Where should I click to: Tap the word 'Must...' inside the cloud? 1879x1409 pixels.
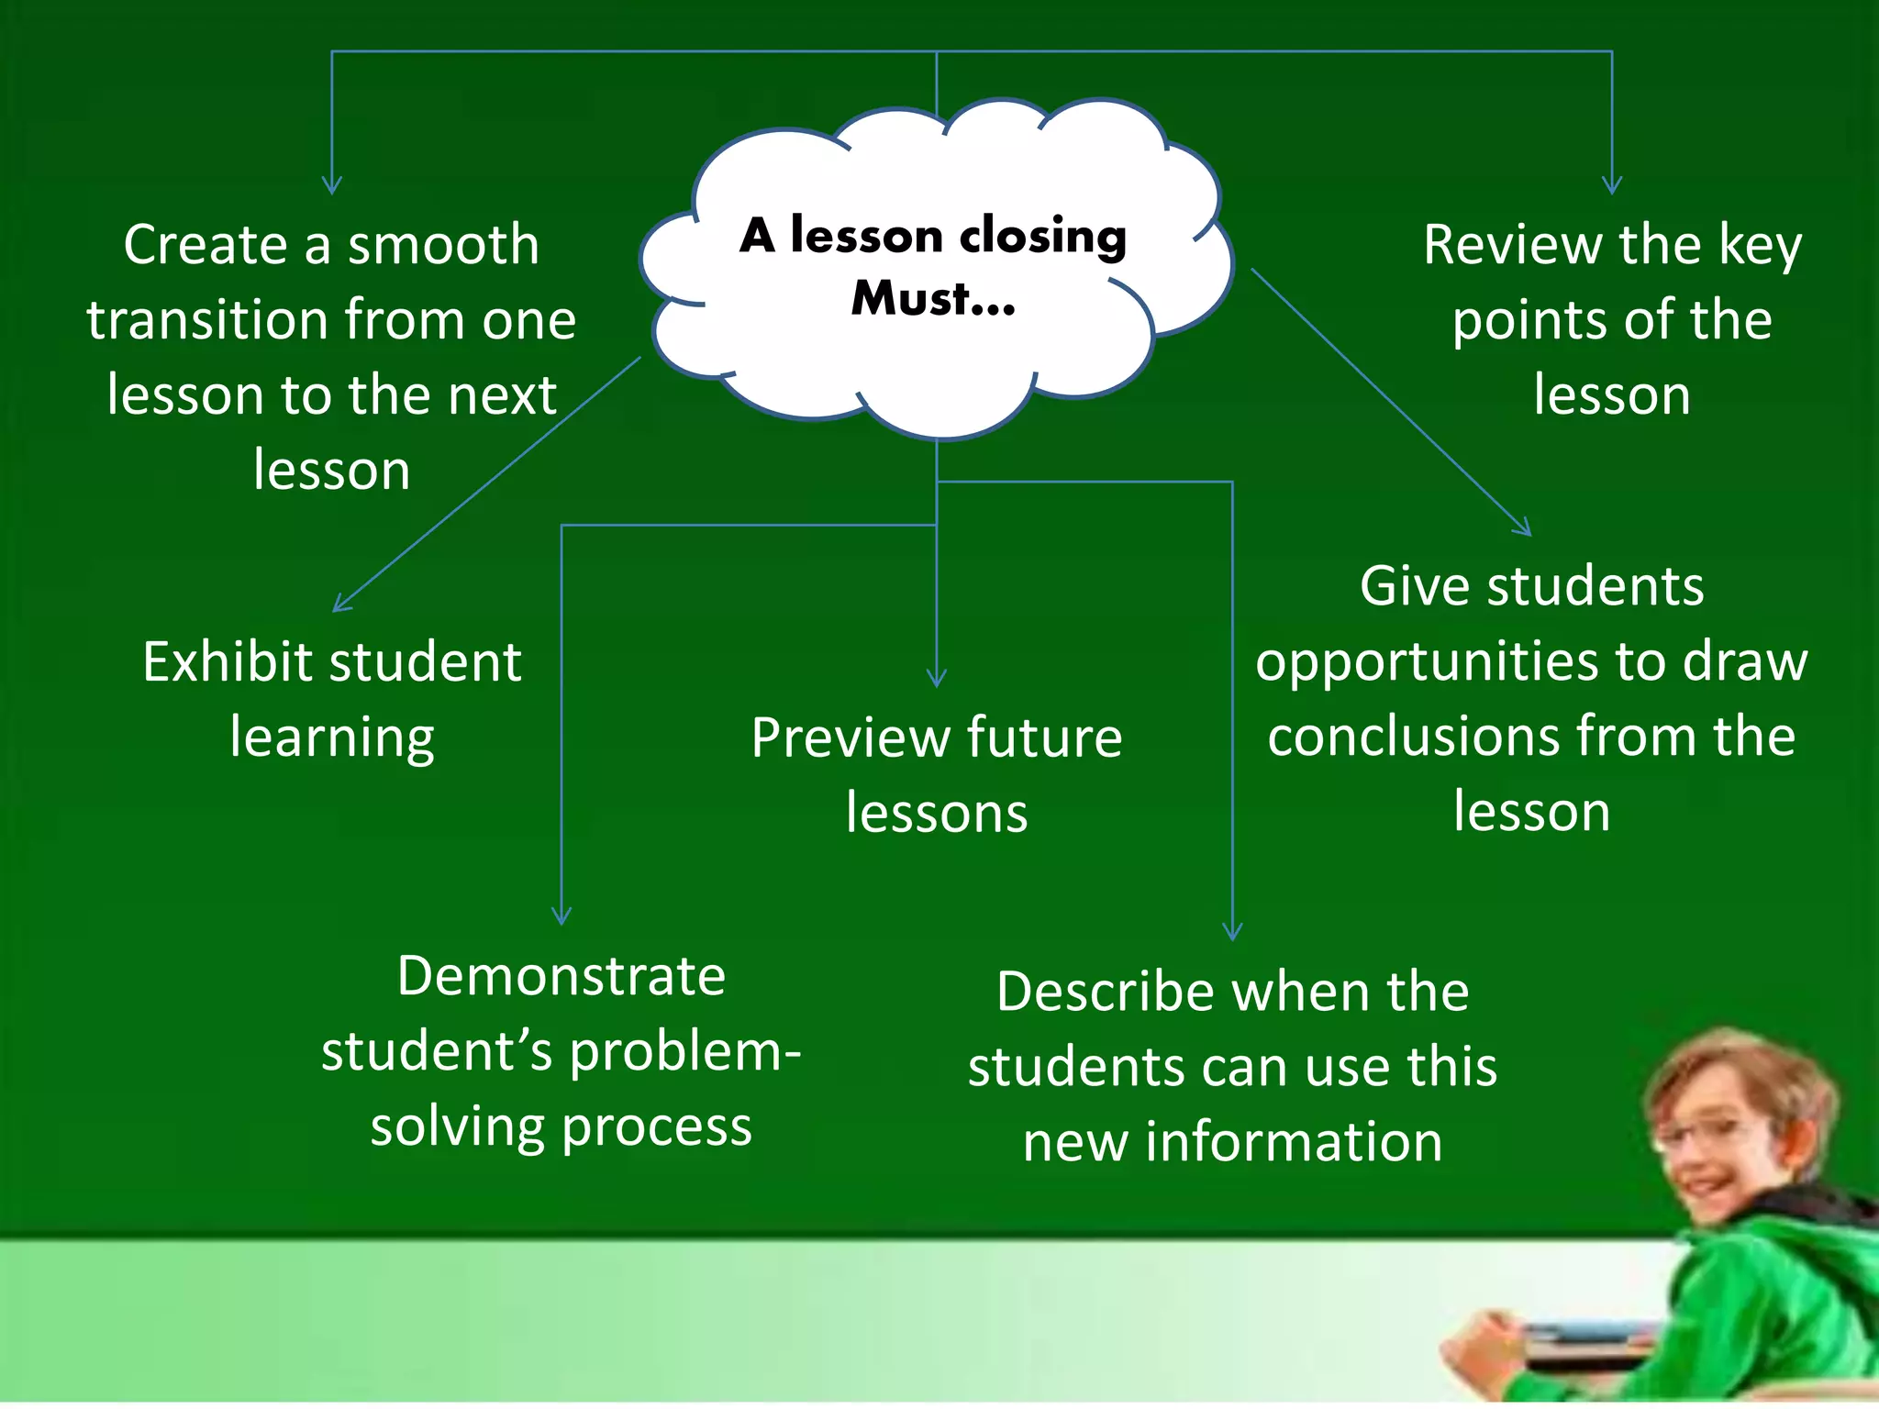click(933, 298)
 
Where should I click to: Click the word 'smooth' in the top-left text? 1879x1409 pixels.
click(443, 246)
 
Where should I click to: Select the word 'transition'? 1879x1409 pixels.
click(207, 320)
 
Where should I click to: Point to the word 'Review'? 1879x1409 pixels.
click(1513, 246)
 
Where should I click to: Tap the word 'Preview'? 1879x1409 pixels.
click(850, 738)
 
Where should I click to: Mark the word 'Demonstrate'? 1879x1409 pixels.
click(561, 975)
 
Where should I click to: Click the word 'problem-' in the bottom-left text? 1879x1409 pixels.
click(684, 1052)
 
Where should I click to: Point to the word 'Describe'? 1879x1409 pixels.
click(1109, 992)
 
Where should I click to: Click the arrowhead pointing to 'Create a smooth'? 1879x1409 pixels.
click(332, 186)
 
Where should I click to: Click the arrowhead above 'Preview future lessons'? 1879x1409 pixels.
click(937, 679)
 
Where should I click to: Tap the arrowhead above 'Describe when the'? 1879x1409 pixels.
click(1232, 932)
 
